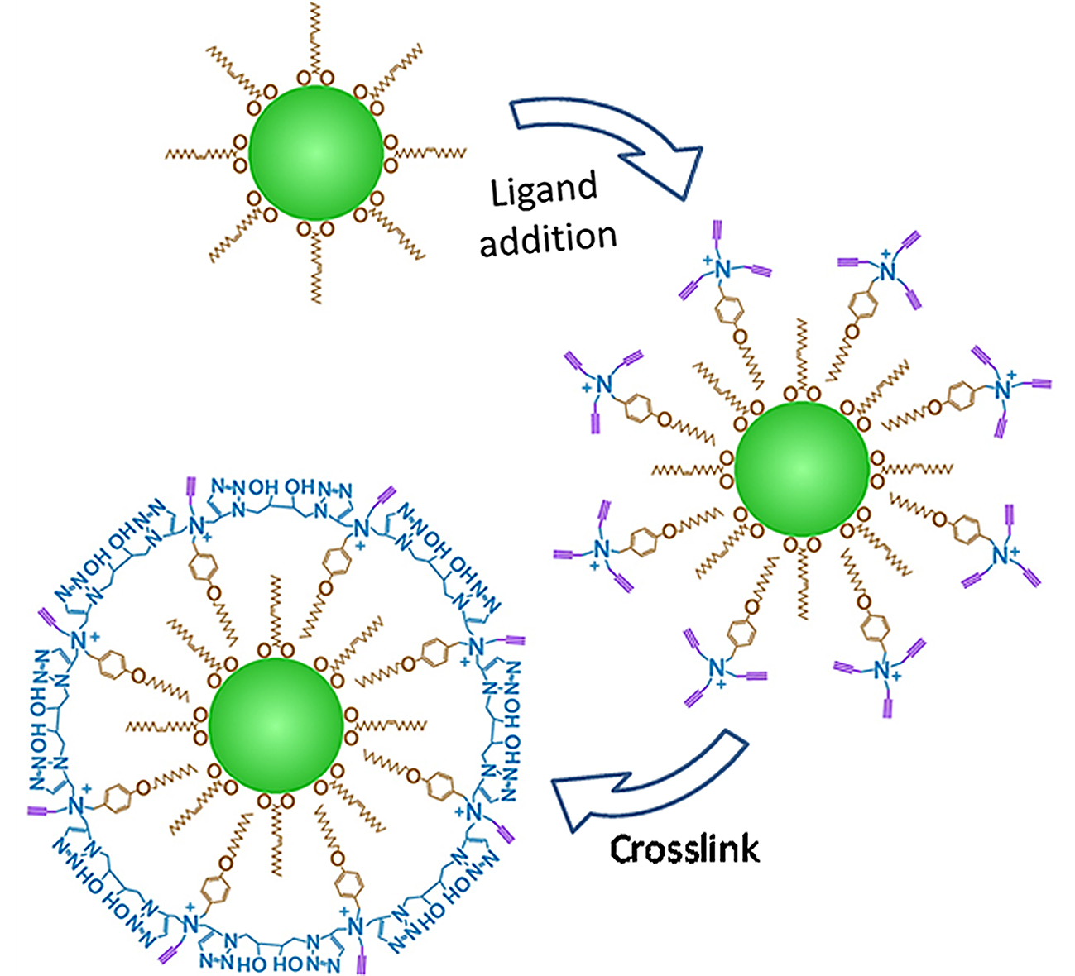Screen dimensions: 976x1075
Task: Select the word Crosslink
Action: point(684,849)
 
